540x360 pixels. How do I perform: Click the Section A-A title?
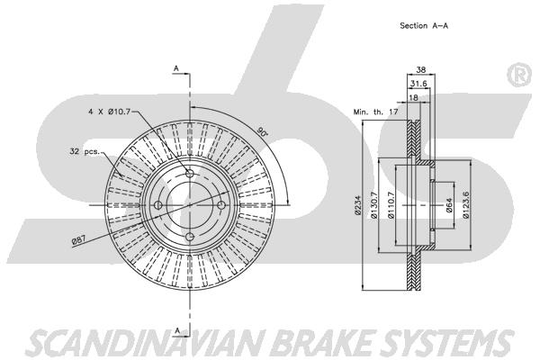[424, 25]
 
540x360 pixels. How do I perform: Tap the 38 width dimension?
[421, 69]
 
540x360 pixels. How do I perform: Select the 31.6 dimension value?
[418, 84]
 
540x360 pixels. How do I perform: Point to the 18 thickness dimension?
[413, 97]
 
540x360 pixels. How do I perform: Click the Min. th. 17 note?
[375, 112]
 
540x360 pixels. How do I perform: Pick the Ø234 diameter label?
[357, 205]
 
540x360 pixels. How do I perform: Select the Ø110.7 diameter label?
[391, 205]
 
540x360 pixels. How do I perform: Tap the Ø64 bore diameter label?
[449, 206]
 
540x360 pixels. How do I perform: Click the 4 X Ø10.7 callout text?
[110, 112]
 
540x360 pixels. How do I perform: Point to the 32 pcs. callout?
[85, 151]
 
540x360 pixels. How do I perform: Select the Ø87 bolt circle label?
[79, 240]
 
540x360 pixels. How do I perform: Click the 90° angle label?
[263, 131]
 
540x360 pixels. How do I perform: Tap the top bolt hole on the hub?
[190, 173]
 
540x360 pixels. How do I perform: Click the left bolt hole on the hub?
[157, 205]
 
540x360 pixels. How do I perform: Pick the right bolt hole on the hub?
[221, 205]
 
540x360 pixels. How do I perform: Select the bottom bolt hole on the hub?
[190, 237]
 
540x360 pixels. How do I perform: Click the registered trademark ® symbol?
[519, 75]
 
